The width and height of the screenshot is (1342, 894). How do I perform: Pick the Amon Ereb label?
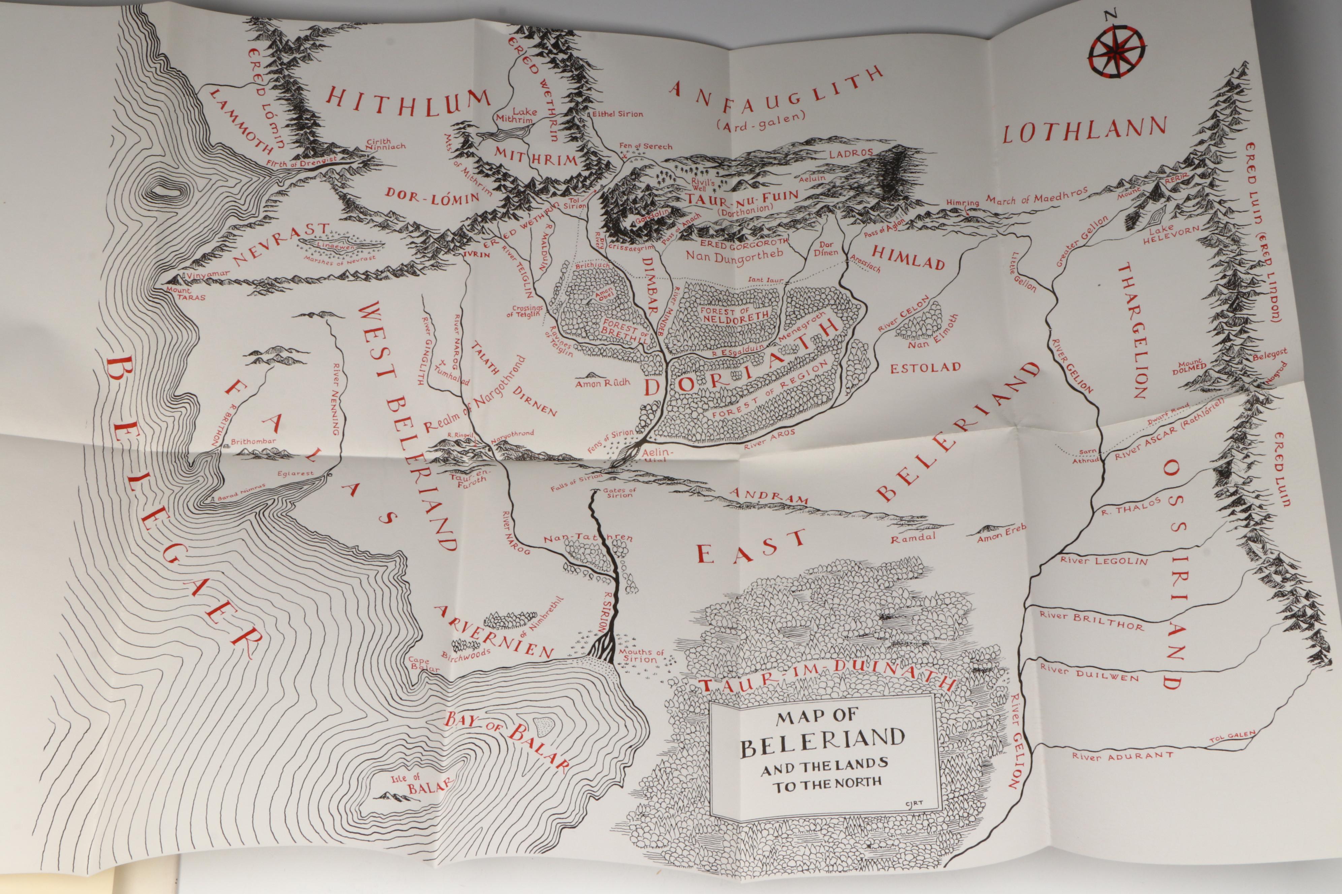(x=1002, y=534)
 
